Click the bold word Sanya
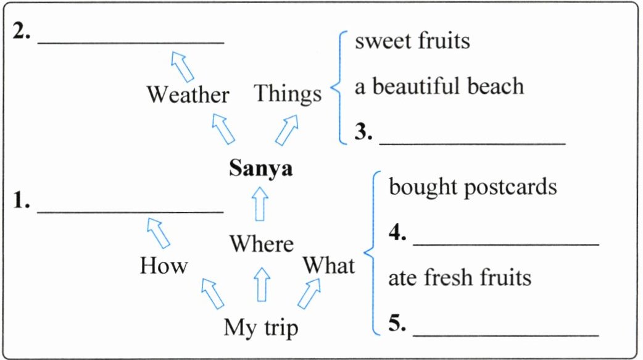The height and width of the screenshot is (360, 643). [260, 168]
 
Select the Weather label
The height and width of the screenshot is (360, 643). [188, 94]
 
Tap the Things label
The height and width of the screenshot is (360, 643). [288, 94]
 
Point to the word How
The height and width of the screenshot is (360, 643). [164, 266]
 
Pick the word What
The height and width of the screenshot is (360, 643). [328, 266]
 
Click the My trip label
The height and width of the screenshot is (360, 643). [260, 327]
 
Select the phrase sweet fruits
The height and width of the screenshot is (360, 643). [412, 41]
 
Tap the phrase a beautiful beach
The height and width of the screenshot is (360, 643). [439, 86]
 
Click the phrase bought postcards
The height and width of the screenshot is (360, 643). [473, 186]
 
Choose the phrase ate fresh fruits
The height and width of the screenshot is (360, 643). [459, 277]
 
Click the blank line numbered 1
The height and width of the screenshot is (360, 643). [130, 211]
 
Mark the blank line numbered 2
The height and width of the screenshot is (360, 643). [130, 42]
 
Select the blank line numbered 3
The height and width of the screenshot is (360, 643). [472, 143]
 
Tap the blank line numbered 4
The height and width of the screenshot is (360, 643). [505, 245]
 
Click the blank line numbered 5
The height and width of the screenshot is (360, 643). [505, 335]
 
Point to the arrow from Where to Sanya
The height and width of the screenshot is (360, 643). [261, 204]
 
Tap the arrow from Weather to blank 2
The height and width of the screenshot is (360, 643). [183, 64]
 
